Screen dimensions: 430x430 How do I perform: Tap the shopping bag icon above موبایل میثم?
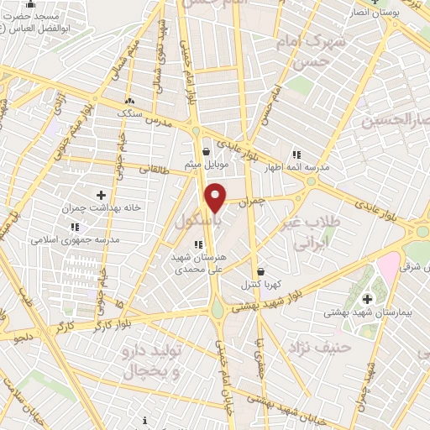coord(206,152)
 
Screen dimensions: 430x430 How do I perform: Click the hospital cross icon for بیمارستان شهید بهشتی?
coord(367,299)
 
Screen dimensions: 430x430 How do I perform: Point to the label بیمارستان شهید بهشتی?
coord(367,312)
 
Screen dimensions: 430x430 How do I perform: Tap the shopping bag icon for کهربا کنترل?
coord(260,272)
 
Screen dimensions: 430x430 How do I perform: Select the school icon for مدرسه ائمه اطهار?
coord(296,154)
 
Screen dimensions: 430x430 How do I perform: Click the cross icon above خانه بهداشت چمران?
coord(102,195)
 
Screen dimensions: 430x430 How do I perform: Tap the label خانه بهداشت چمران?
coord(101,207)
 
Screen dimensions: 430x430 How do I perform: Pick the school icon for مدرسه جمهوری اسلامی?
coord(74,227)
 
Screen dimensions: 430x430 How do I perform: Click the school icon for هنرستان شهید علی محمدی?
coord(198,244)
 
